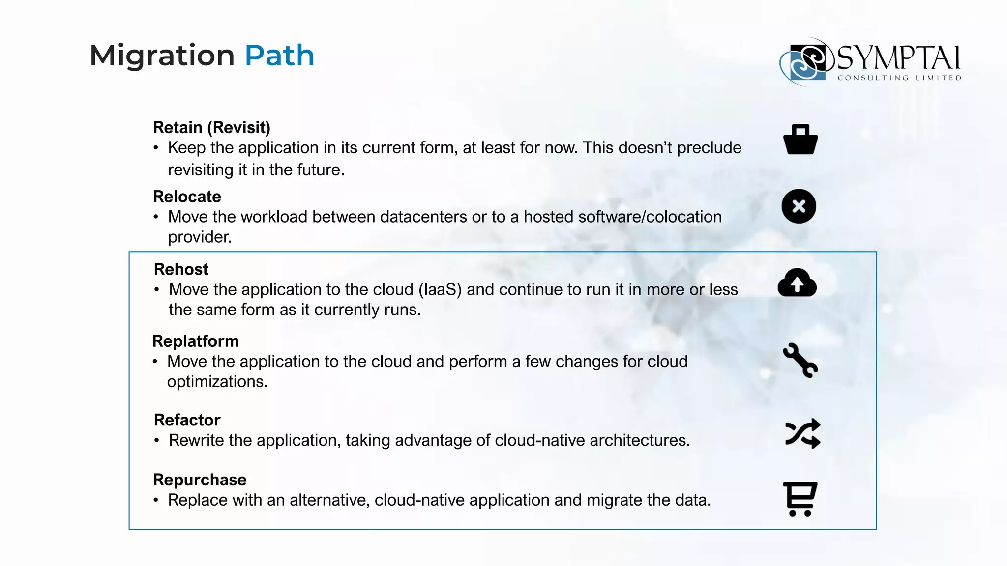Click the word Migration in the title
point(162,55)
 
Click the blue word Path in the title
point(279,55)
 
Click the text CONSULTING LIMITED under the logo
point(899,78)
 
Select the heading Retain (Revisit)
point(211,127)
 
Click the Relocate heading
point(187,197)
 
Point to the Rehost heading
point(181,269)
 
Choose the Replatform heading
point(195,341)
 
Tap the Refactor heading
point(187,420)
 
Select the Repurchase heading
point(200,480)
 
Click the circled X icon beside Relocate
point(799,206)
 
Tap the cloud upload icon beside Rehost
point(797,283)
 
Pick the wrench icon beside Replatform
point(800,360)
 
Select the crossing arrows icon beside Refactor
point(802,433)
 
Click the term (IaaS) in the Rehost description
point(440,290)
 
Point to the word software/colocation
point(650,217)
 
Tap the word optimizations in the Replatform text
point(217,382)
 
